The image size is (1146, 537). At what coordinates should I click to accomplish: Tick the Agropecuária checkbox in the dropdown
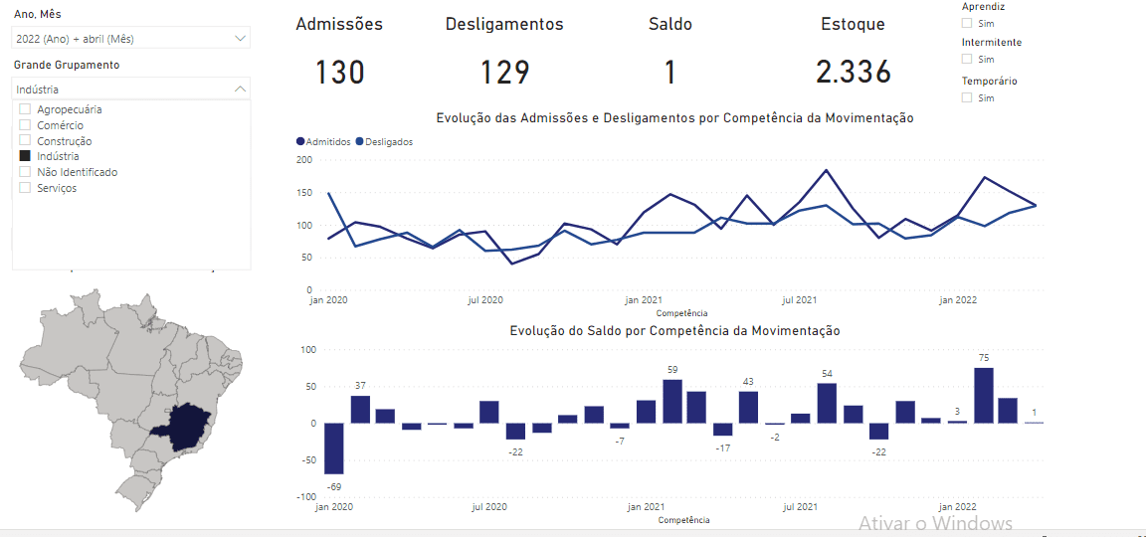[x=25, y=109]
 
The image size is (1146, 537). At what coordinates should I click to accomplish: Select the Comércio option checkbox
[x=25, y=125]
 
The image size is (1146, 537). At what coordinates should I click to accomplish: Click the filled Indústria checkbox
[x=25, y=156]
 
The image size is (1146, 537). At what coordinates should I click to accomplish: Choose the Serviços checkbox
[x=25, y=188]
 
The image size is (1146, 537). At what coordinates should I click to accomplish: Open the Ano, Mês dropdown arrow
[x=240, y=39]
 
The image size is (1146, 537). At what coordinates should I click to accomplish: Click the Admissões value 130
[x=339, y=73]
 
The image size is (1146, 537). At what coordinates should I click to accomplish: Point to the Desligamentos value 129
[x=504, y=73]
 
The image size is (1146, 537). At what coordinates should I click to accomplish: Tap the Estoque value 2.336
[x=853, y=73]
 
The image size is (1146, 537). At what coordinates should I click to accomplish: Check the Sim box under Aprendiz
[x=967, y=22]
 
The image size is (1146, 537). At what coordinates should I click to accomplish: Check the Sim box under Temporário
[x=967, y=97]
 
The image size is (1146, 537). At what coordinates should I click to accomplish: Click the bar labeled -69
[x=334, y=448]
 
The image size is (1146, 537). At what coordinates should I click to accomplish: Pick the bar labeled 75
[x=984, y=396]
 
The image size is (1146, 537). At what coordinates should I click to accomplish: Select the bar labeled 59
[x=672, y=402]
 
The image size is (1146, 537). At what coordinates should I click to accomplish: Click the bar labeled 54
[x=827, y=404]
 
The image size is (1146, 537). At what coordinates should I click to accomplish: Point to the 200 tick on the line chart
[x=305, y=160]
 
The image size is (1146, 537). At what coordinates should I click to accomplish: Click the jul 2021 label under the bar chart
[x=800, y=507]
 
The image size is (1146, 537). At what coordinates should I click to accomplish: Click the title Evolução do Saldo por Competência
[x=674, y=331]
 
